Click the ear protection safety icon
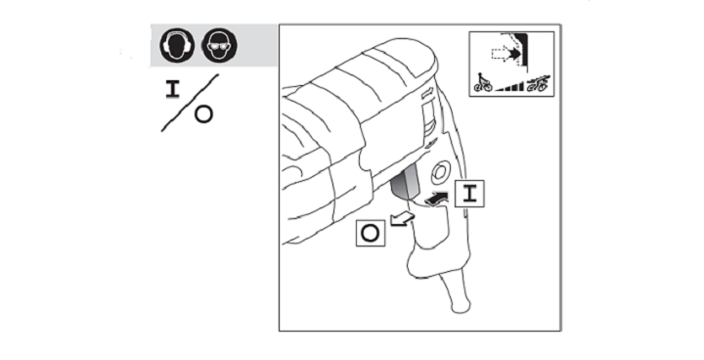177,44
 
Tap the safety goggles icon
219,44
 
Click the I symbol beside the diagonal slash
172,89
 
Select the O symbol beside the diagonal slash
203,114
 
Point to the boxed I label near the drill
469,194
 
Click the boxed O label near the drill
371,233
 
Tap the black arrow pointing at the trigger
436,199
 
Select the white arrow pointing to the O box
402,219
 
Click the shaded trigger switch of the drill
406,183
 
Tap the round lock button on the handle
440,172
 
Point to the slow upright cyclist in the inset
483,82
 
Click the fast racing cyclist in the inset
538,83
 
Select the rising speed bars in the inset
510,86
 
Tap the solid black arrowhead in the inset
515,54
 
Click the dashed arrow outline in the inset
502,54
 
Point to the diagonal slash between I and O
190,103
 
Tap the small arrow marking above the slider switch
426,93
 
